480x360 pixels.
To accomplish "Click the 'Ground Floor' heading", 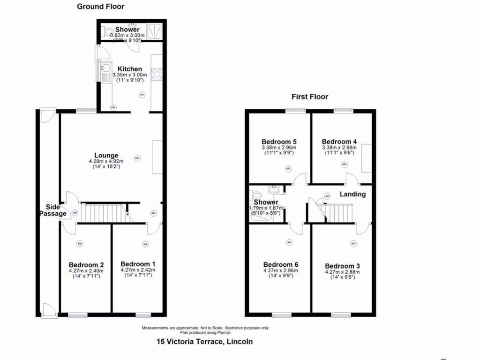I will (x=101, y=7).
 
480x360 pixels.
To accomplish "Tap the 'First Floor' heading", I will (x=310, y=97).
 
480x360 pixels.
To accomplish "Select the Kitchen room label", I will (x=129, y=69).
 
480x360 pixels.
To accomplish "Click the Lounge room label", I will (x=106, y=155).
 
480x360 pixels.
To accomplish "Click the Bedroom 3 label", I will (x=342, y=266).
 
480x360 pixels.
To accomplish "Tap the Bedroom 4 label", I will (x=339, y=142).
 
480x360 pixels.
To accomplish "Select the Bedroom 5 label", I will (x=279, y=142).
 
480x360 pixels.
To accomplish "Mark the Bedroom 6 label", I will (x=281, y=264).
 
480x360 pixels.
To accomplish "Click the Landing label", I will (x=352, y=194).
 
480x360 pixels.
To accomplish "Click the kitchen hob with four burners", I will (x=157, y=75).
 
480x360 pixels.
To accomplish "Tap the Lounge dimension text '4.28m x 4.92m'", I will (x=106, y=162).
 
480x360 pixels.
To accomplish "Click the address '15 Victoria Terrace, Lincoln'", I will (x=204, y=342).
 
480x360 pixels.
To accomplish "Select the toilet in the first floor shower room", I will (x=256, y=196).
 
